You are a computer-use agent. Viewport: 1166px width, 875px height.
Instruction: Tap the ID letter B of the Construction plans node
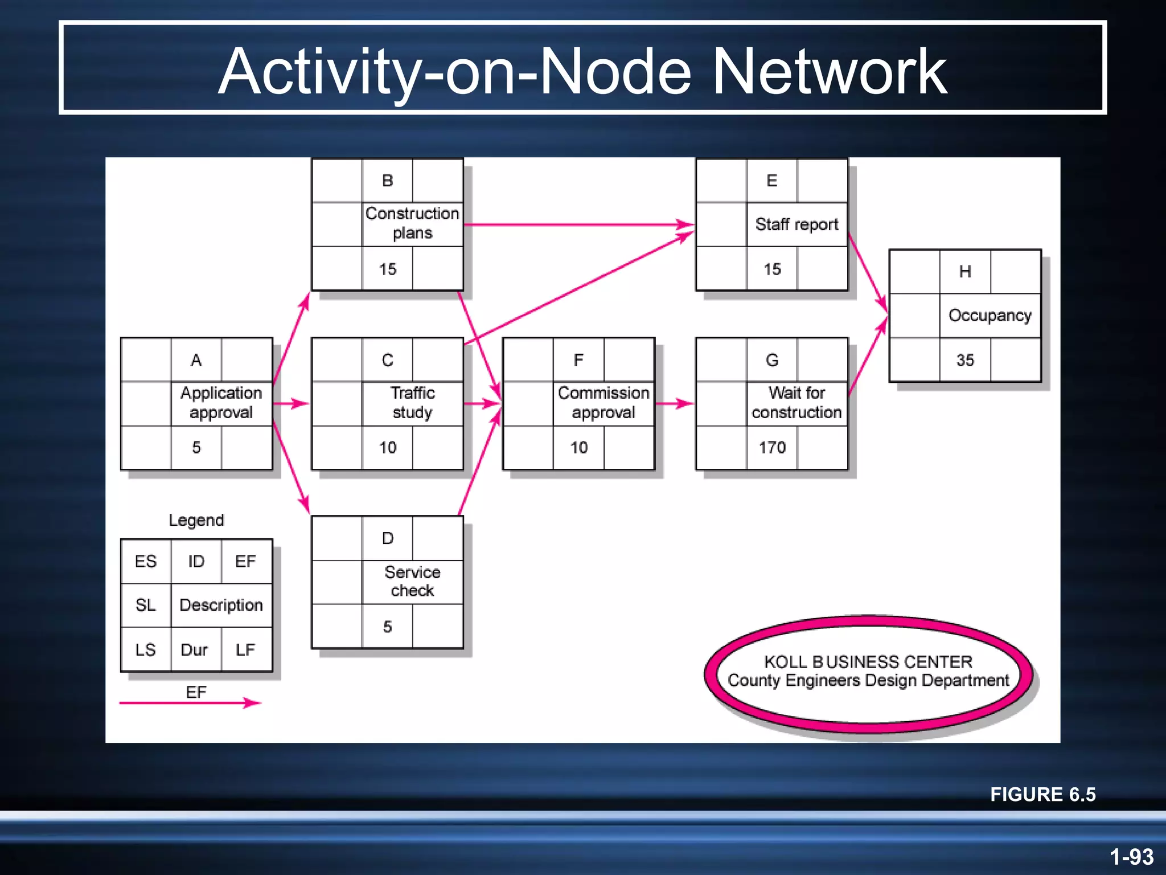[387, 181]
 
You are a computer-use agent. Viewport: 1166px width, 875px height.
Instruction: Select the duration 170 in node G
[772, 448]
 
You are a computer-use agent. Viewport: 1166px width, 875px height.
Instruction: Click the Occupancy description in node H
[990, 316]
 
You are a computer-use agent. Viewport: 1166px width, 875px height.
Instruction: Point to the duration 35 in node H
[965, 360]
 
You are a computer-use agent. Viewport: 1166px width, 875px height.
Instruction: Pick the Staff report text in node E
[797, 224]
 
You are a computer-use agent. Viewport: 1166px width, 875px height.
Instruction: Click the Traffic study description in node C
[412, 403]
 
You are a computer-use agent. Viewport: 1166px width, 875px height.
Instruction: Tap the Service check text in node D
[412, 582]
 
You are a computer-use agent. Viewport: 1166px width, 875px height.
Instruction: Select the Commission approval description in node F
[603, 403]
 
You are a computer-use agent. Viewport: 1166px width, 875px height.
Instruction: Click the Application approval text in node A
[221, 403]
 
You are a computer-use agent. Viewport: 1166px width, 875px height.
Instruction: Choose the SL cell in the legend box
[146, 605]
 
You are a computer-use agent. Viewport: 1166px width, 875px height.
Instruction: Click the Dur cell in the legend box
[194, 650]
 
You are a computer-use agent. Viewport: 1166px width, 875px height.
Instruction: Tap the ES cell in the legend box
[146, 562]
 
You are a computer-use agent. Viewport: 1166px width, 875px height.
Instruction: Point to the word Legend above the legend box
[196, 520]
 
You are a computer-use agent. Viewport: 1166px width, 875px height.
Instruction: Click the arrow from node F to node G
[675, 403]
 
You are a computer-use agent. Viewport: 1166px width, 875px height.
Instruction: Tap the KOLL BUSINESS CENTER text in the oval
[868, 662]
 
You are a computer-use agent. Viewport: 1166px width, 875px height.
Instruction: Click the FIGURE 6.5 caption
[1042, 795]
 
